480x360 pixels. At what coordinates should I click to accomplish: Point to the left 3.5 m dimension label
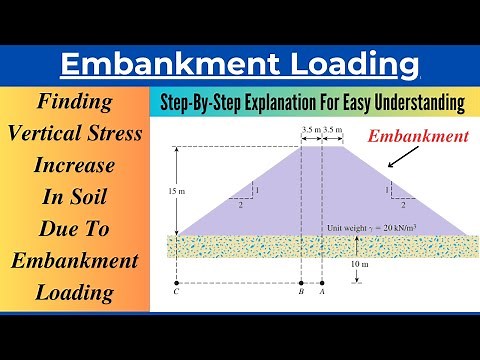point(310,130)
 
